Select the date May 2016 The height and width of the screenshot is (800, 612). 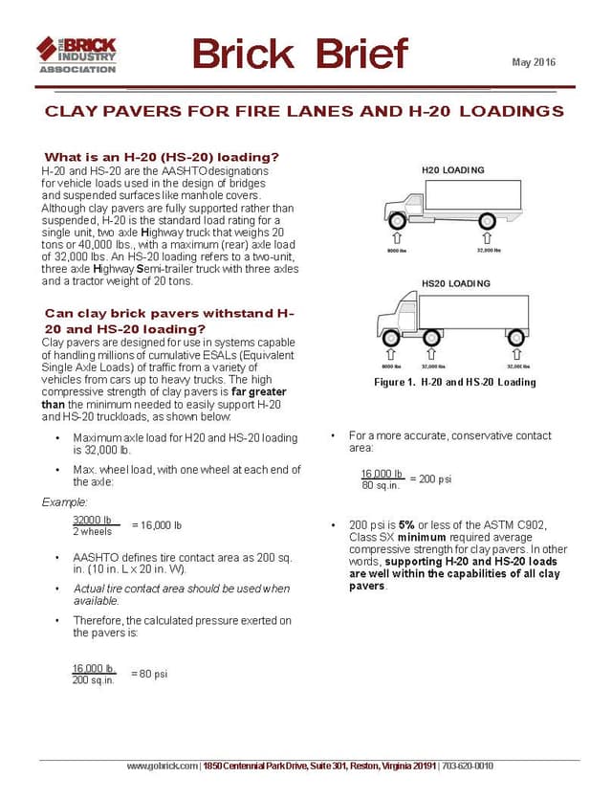click(x=534, y=63)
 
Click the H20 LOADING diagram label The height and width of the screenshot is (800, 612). click(x=453, y=170)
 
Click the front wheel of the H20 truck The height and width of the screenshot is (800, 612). click(x=393, y=218)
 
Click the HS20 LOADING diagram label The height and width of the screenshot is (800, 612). click(x=455, y=284)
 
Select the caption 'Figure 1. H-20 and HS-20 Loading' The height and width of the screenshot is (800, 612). click(x=454, y=382)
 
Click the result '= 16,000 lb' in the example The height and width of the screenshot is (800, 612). click(x=156, y=525)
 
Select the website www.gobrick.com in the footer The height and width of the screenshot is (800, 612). click(x=164, y=766)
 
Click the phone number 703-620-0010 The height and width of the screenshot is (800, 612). click(x=467, y=766)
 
